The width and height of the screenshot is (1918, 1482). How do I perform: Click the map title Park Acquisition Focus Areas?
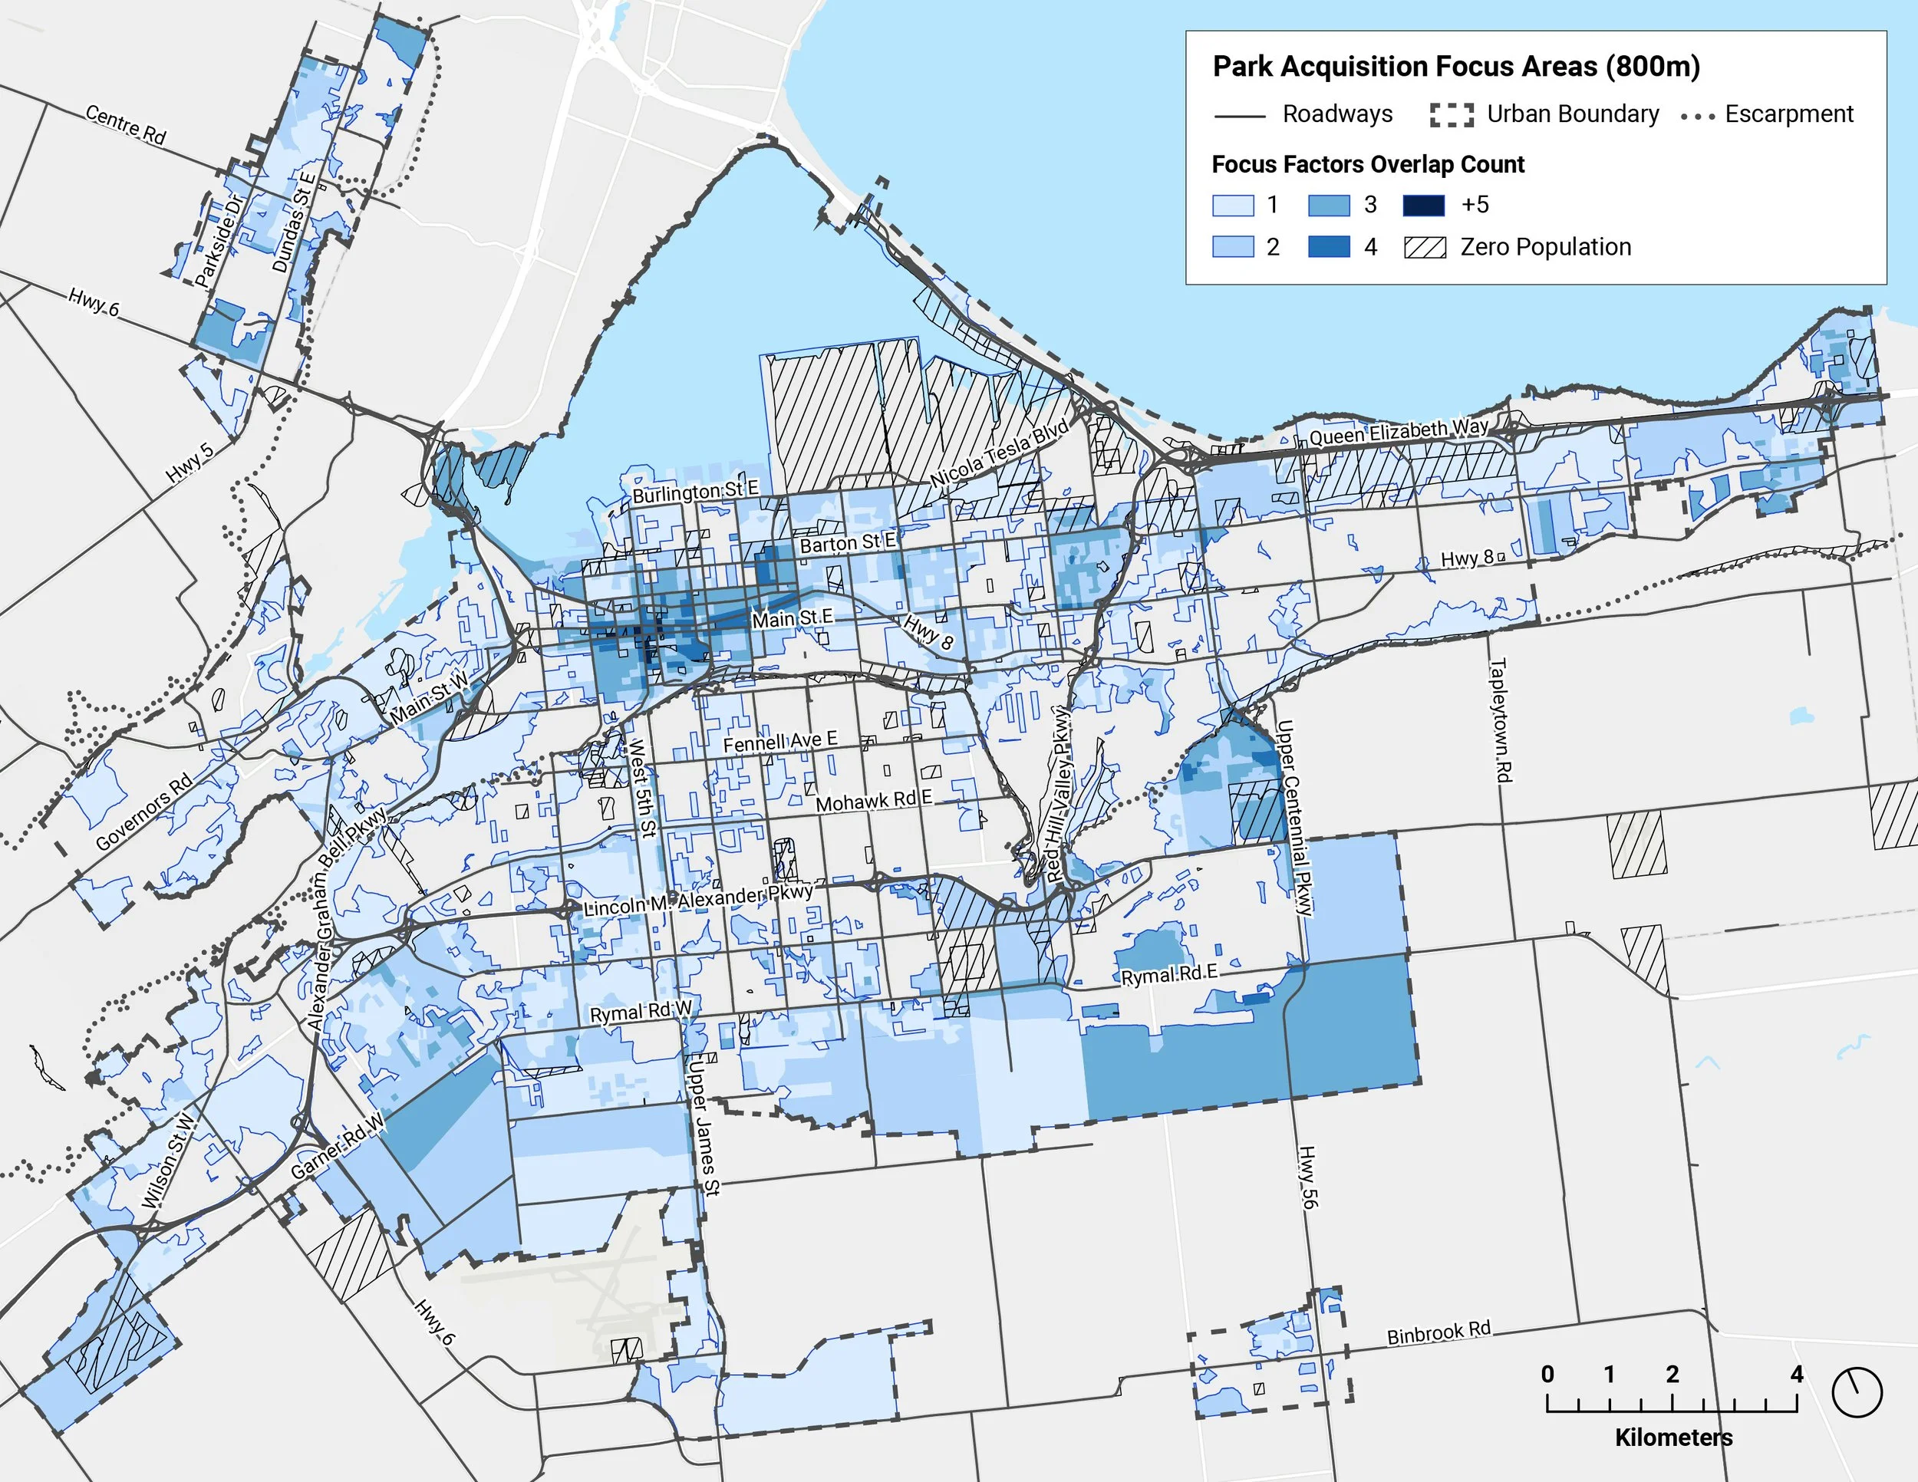[x=1456, y=67]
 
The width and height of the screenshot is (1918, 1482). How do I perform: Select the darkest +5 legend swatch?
[x=1424, y=206]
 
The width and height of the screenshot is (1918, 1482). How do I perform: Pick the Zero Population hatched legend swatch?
[x=1425, y=248]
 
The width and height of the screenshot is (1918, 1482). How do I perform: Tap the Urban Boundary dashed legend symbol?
[x=1452, y=115]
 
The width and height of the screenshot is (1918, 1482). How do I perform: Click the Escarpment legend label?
[x=1788, y=114]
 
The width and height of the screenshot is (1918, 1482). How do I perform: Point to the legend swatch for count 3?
[x=1328, y=206]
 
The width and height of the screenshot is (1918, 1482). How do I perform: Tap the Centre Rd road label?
[x=126, y=123]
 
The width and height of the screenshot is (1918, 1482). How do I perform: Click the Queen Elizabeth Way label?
[x=1398, y=431]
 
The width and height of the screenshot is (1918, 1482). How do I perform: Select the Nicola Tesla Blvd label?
[x=1000, y=454]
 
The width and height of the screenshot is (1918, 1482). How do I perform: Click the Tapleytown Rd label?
[x=1501, y=720]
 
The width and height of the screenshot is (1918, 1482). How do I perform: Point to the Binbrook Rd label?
[x=1438, y=1332]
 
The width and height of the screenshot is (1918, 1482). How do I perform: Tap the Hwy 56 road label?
[x=1307, y=1177]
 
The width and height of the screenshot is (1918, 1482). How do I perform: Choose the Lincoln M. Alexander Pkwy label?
[x=698, y=901]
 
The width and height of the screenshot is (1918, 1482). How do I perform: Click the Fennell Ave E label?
[x=779, y=742]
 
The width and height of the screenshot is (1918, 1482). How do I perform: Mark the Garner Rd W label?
[x=338, y=1147]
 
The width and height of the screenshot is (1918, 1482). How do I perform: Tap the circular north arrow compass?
[x=1857, y=1391]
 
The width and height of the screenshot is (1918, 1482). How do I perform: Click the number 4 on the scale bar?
[x=1797, y=1374]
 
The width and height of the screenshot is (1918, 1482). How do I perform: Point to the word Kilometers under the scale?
[x=1673, y=1438]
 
